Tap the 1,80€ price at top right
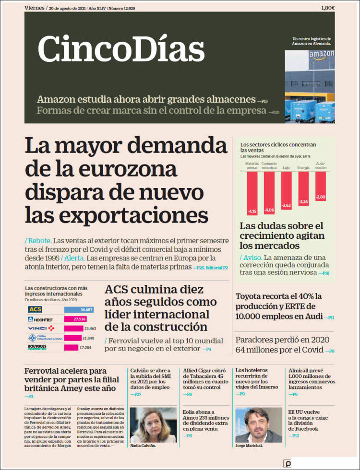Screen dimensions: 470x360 click(x=328, y=8)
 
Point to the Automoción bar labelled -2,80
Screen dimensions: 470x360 click(x=321, y=187)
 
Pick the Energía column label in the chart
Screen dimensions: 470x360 click(x=303, y=168)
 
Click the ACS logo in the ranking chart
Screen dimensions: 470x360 click(x=35, y=310)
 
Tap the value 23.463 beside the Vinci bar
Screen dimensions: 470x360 click(x=90, y=329)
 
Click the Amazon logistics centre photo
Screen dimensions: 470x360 click(x=309, y=82)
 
